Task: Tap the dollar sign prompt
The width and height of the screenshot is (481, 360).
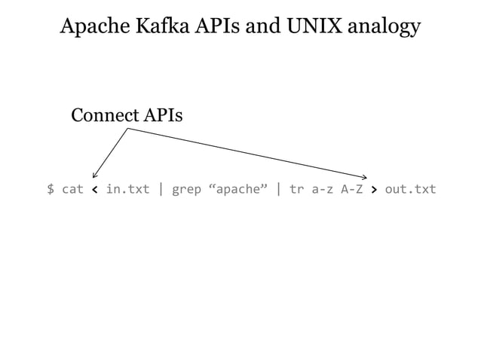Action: pyautogui.click(x=51, y=189)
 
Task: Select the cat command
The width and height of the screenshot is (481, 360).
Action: pyautogui.click(x=72, y=189)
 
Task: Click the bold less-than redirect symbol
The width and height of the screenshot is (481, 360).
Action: pyautogui.click(x=94, y=189)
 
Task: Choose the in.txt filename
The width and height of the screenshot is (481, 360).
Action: pyautogui.click(x=127, y=189)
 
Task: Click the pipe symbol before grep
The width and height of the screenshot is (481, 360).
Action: pyautogui.click(x=161, y=189)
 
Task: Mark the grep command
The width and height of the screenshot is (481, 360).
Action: pyautogui.click(x=186, y=190)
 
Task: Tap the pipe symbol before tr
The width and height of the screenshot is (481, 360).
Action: pyautogui.click(x=279, y=189)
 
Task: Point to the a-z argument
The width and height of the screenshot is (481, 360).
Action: pyautogui.click(x=323, y=189)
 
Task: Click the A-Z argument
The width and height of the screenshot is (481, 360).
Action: pyautogui.click(x=352, y=189)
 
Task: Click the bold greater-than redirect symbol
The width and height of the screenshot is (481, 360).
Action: pyautogui.click(x=374, y=189)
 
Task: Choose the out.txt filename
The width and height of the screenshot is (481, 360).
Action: pyautogui.click(x=410, y=189)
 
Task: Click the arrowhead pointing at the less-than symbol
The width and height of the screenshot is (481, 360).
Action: pyautogui.click(x=94, y=175)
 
